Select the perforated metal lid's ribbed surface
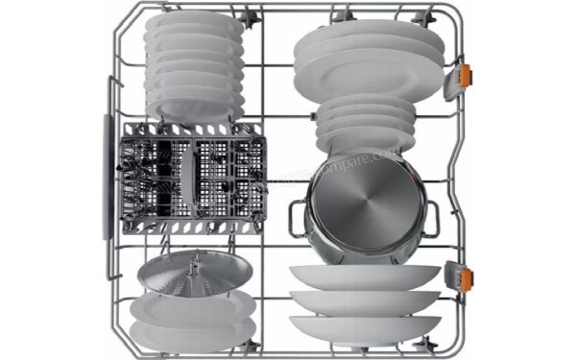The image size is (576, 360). pyautogui.click(x=192, y=275)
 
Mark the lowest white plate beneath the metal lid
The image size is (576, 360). pyautogui.click(x=192, y=332)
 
